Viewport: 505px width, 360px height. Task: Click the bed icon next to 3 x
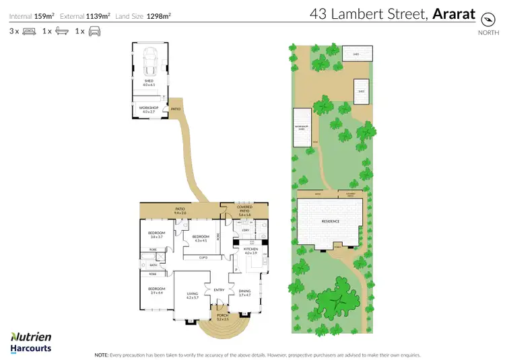pyautogui.click(x=29, y=31)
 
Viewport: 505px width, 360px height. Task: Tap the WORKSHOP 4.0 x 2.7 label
pyautogui.click(x=149, y=110)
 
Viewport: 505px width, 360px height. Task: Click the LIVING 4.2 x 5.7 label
pyautogui.click(x=193, y=296)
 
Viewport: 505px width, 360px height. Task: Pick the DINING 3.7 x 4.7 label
pyautogui.click(x=244, y=293)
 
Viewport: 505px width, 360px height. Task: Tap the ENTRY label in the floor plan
pyautogui.click(x=219, y=290)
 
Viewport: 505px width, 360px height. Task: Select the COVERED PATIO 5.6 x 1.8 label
pyautogui.click(x=244, y=211)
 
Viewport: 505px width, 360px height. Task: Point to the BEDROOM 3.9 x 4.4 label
pyautogui.click(x=157, y=291)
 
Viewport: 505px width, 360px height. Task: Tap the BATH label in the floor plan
pyautogui.click(x=154, y=265)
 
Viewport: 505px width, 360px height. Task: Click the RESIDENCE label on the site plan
pyautogui.click(x=330, y=221)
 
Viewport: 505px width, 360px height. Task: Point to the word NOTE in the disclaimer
pyautogui.click(x=102, y=354)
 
